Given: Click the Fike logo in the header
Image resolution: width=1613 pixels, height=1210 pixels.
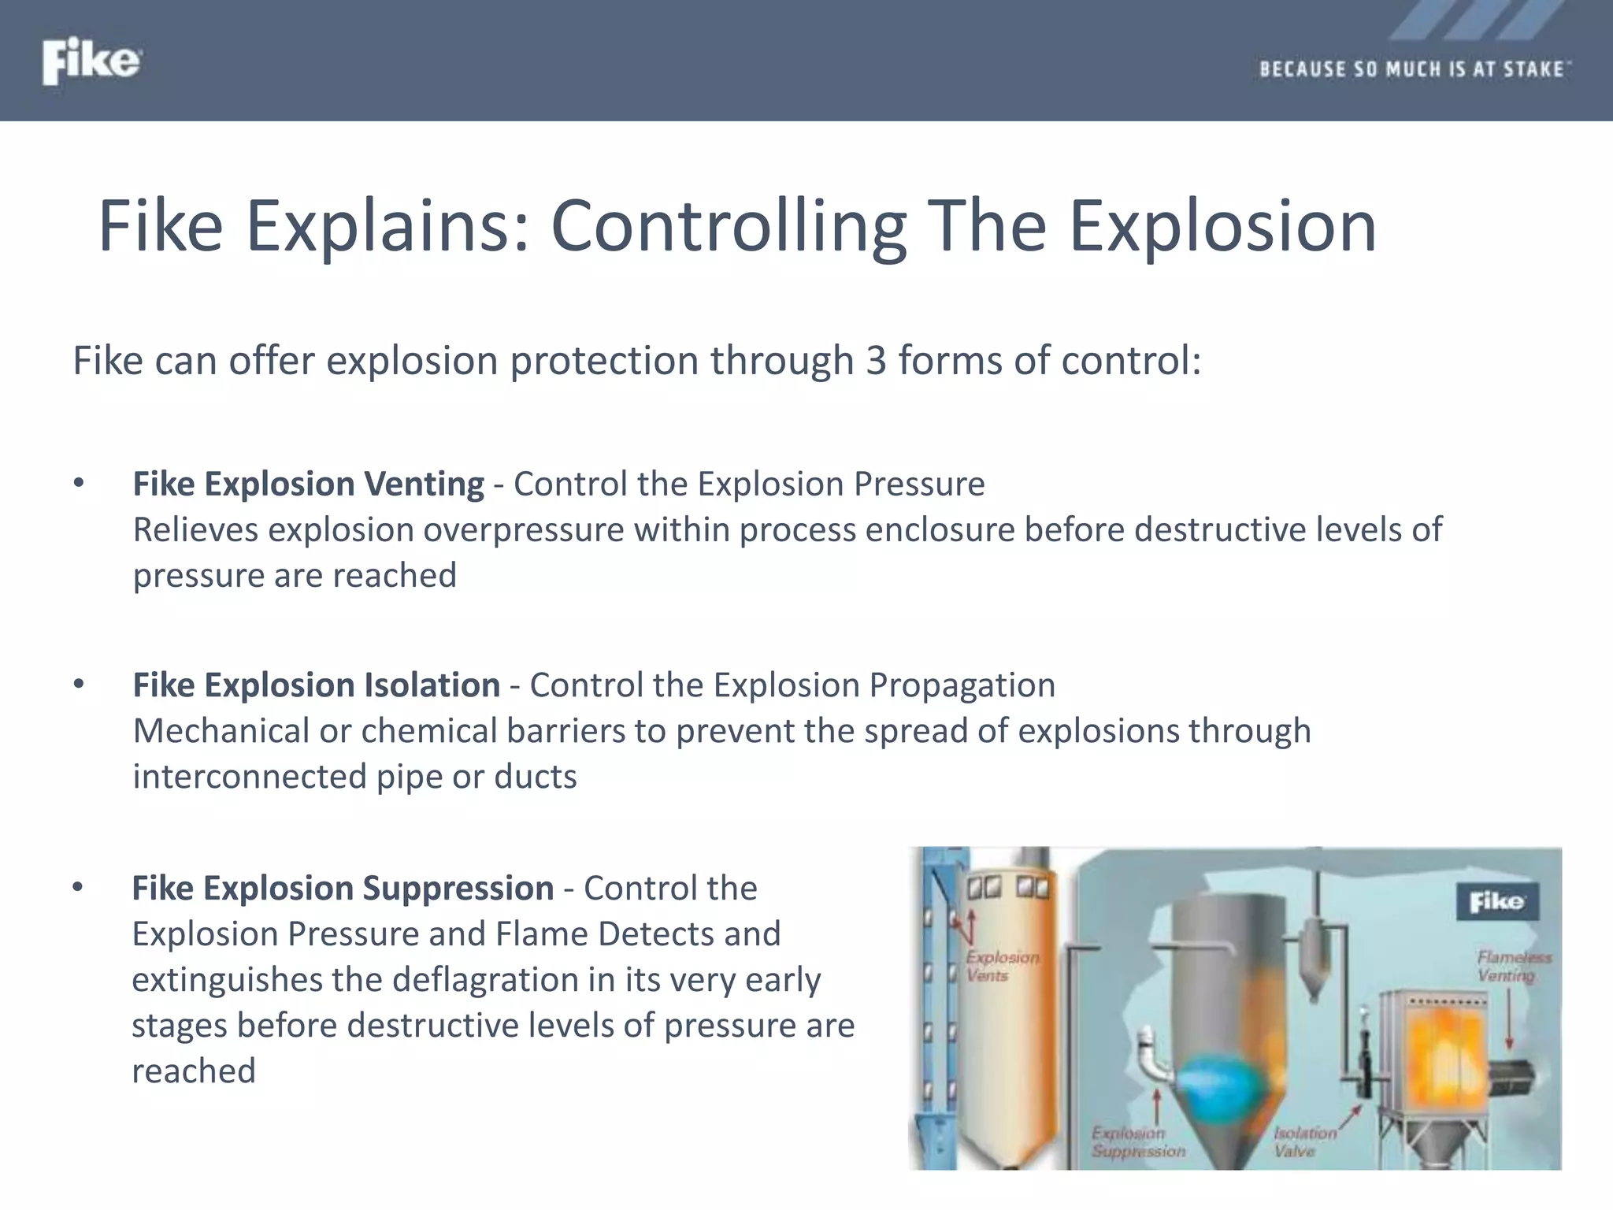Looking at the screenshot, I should pyautogui.click(x=91, y=61).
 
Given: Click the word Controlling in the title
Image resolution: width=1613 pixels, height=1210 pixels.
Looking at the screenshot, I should pyautogui.click(x=729, y=227).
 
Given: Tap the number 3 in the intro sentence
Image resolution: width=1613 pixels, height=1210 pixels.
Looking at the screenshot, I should pyautogui.click(x=876, y=361).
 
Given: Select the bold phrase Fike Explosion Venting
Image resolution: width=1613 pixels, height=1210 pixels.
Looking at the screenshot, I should pyautogui.click(x=308, y=484).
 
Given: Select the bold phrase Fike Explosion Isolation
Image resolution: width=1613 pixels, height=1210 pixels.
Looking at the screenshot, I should pyautogui.click(x=316, y=685).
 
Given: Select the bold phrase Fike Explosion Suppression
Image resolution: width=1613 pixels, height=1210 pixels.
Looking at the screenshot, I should pyautogui.click(x=343, y=889).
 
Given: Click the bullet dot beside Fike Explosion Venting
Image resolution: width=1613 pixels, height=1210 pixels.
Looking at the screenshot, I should pyautogui.click(x=78, y=484).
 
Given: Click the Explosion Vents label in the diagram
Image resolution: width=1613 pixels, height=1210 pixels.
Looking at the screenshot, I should pyautogui.click(x=1001, y=966).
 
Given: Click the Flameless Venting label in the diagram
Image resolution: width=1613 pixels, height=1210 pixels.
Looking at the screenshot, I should pyautogui.click(x=1512, y=966).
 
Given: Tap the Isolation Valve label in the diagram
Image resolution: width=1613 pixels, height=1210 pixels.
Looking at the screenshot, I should pyautogui.click(x=1303, y=1141).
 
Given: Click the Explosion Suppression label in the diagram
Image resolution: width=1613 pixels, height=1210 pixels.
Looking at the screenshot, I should pyautogui.click(x=1137, y=1141).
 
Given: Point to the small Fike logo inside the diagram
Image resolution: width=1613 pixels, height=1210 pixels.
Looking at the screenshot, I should pyautogui.click(x=1496, y=901).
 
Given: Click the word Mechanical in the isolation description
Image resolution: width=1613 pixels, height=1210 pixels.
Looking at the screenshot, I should pyautogui.click(x=221, y=731).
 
